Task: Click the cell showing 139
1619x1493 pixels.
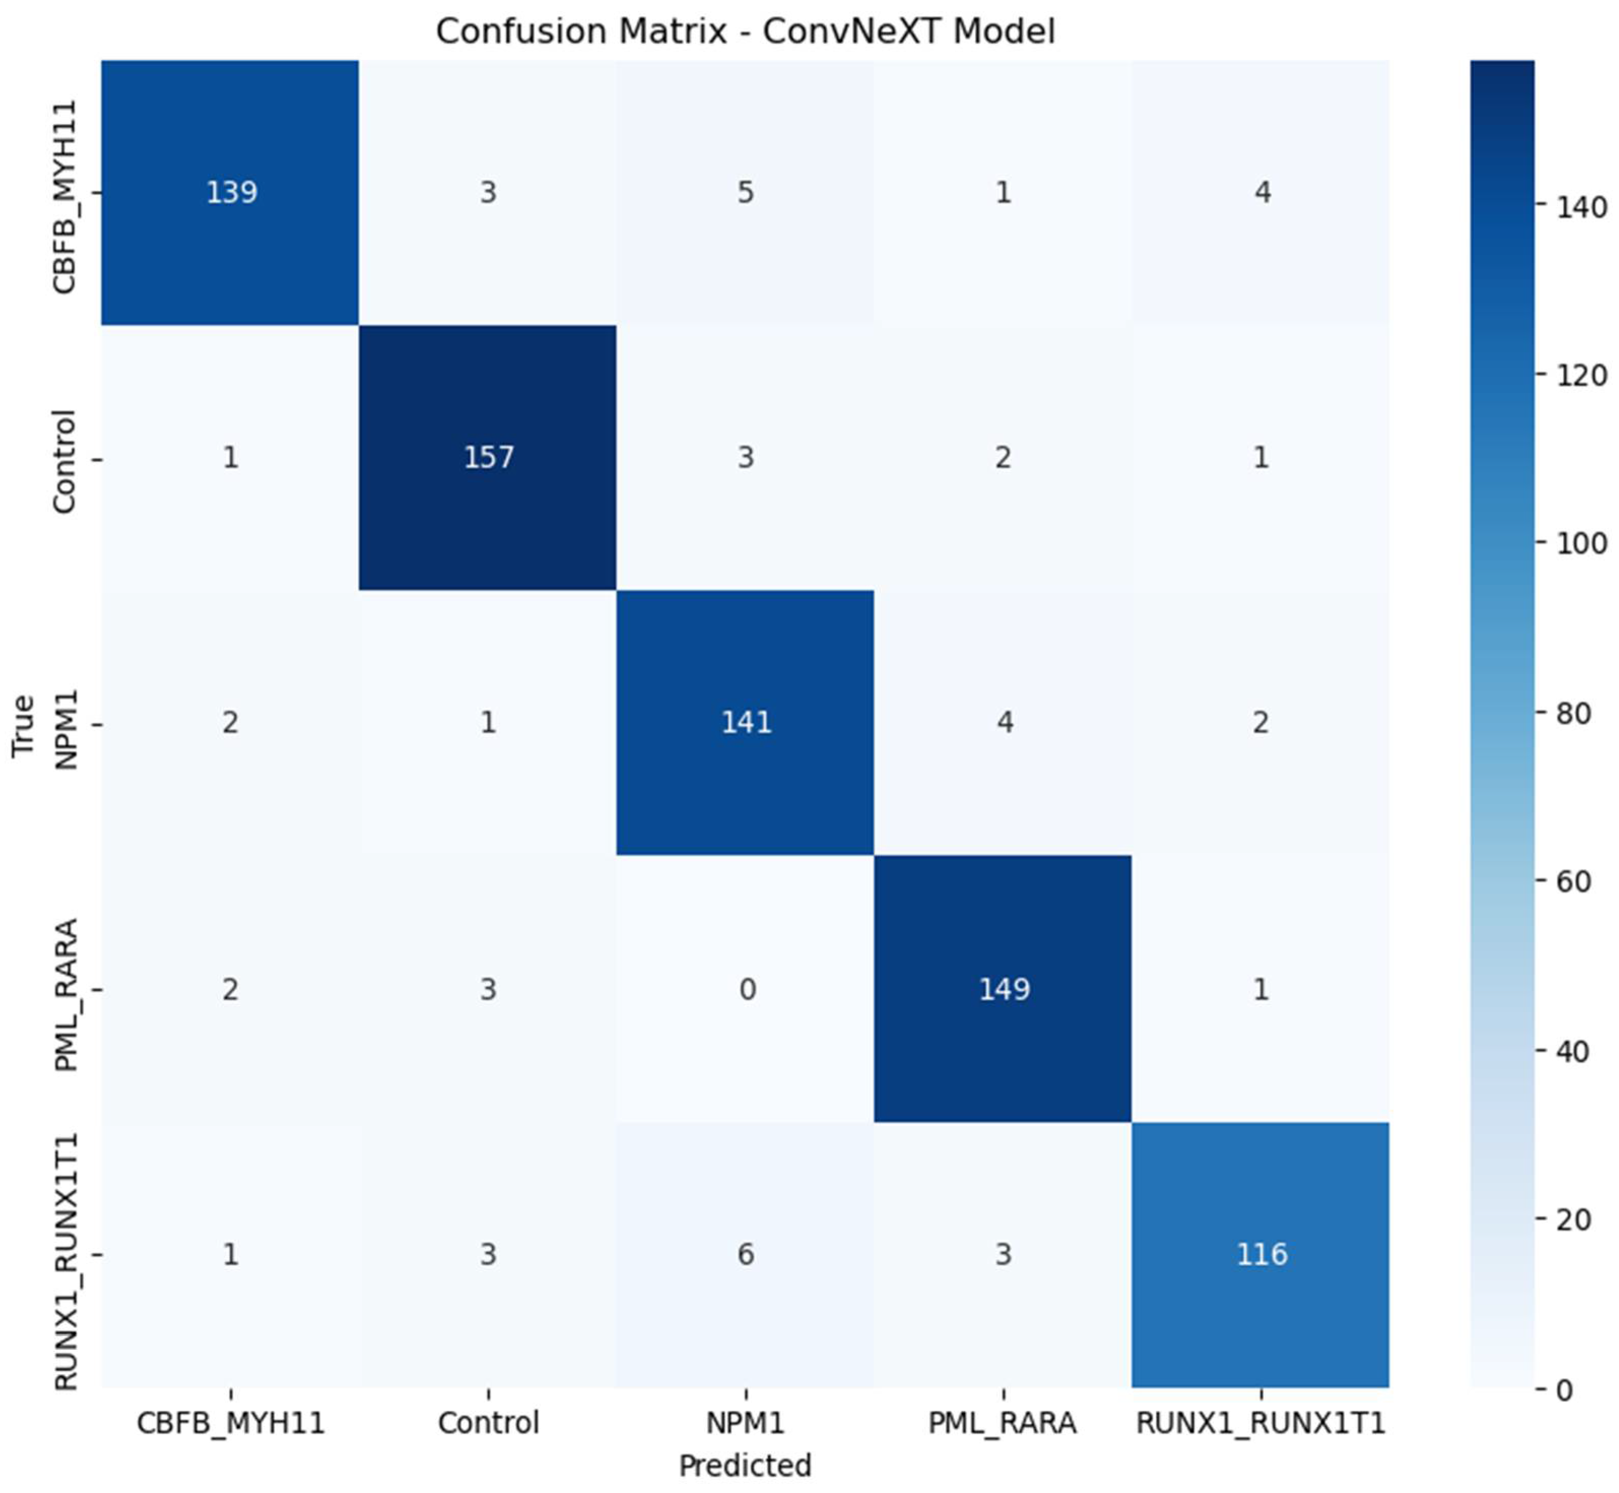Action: pyautogui.click(x=231, y=192)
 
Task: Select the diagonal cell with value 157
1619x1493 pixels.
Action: pyautogui.click(x=488, y=457)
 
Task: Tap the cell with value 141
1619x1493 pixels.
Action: pyautogui.click(x=745, y=722)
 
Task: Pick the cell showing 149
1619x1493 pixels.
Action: pyautogui.click(x=1003, y=988)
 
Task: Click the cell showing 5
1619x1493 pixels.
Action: pyautogui.click(x=745, y=192)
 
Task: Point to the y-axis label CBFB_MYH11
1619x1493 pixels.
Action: pyautogui.click(x=64, y=196)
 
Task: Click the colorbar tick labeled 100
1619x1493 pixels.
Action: pyautogui.click(x=1582, y=543)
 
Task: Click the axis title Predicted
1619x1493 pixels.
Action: pyautogui.click(x=745, y=1465)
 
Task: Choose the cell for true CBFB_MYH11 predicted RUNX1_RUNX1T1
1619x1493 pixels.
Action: pyautogui.click(x=1261, y=192)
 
